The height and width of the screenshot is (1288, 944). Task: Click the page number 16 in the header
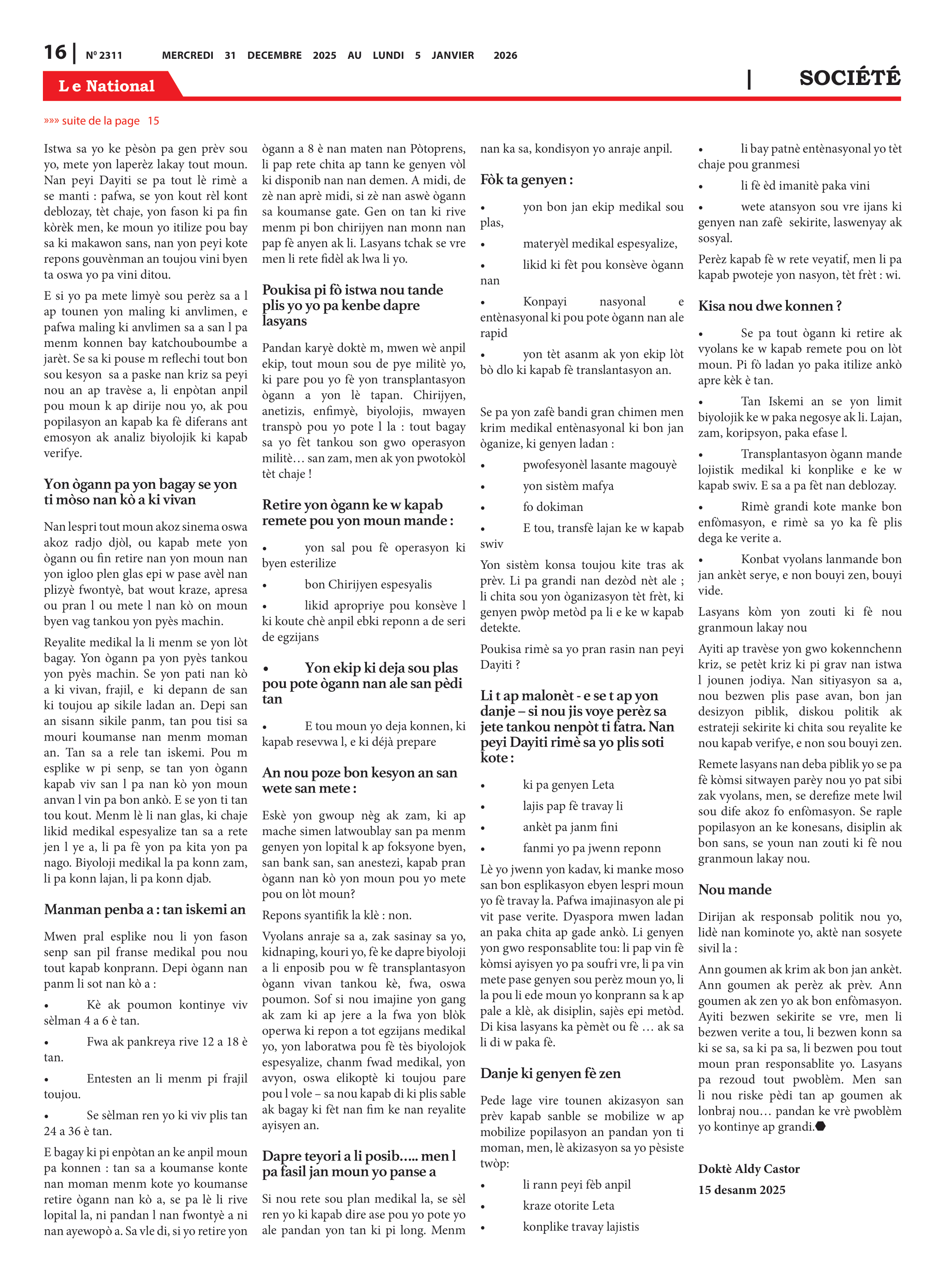pos(55,53)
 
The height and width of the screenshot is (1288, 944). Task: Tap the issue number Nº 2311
pos(104,55)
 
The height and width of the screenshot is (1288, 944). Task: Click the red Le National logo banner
pos(107,86)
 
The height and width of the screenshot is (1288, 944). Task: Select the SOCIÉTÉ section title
pos(849,78)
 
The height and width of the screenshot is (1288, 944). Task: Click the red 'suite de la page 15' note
pos(102,121)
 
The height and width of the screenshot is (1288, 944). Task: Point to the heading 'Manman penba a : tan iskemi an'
pos(145,909)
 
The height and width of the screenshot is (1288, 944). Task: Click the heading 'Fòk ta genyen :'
pos(526,179)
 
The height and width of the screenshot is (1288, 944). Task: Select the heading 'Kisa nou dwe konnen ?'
pos(770,306)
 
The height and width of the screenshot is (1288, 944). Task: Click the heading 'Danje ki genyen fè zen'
pos(550,1073)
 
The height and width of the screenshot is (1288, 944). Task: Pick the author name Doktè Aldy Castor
pos(749,1169)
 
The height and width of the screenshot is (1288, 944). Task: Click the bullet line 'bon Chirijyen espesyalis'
pos(368,584)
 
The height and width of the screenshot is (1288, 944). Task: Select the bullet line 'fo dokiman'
pos(553,507)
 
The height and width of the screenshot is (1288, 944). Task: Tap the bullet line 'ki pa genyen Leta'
pos(568,784)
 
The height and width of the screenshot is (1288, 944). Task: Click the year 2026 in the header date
pos(505,55)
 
